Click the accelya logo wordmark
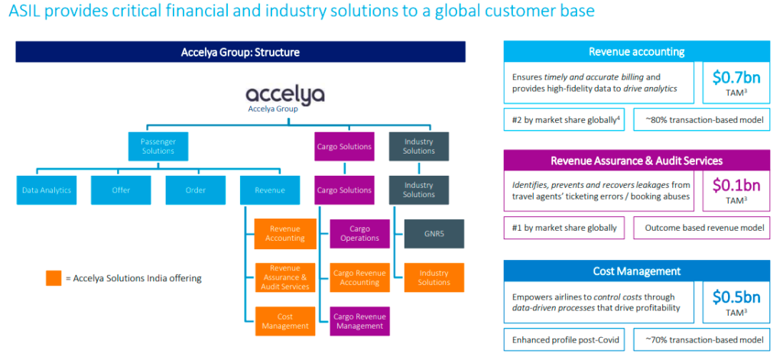pos(285,95)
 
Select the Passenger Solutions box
pos(157,145)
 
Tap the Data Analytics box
pos(47,190)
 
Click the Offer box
pos(121,190)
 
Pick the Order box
pos(196,190)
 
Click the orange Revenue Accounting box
pos(284,233)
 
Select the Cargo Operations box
pos(359,233)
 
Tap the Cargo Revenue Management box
pos(359,321)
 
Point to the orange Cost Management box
pos(284,321)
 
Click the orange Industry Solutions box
pos(434,277)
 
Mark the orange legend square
pos(53,278)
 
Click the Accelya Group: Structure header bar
pos(240,52)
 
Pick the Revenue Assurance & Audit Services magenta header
pos(636,161)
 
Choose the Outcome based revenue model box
pos(702,228)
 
